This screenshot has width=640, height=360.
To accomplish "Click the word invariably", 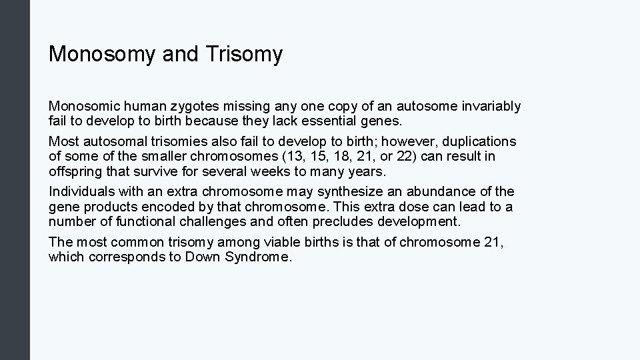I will coord(490,106).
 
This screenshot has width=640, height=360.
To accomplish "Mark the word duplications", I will coord(479,142).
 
